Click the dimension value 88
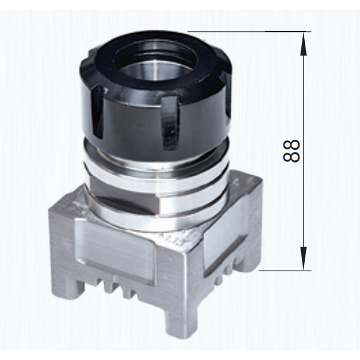pyautogui.click(x=291, y=151)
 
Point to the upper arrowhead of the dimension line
pyautogui.click(x=303, y=44)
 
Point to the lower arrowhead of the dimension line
pyautogui.click(x=303, y=259)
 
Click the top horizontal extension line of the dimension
pyautogui.click(x=250, y=31)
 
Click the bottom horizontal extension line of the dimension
pyautogui.click(x=285, y=271)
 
